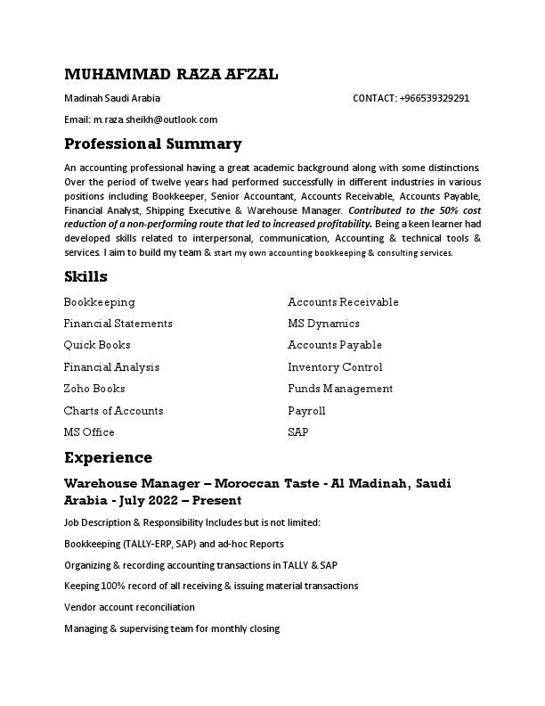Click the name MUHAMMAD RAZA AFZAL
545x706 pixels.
coord(171,74)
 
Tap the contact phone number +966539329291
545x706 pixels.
coord(435,98)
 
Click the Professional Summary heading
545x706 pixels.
coord(152,144)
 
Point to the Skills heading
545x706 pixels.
coord(85,276)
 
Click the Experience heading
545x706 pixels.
coord(108,457)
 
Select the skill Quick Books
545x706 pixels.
coord(97,345)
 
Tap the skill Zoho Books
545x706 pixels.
coord(94,389)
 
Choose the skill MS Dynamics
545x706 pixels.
coord(323,324)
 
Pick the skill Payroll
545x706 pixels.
coord(306,411)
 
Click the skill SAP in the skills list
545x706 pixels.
coord(297,432)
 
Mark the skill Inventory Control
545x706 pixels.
coord(335,367)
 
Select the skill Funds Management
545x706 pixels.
coord(340,389)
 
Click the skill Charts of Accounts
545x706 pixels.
coord(113,411)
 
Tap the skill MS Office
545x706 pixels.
coord(89,432)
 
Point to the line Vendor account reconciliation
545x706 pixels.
coord(129,607)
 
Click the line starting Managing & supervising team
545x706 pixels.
coord(172,628)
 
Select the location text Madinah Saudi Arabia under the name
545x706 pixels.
coord(112,98)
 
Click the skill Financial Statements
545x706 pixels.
coord(118,324)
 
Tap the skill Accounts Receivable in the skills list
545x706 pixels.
coord(343,302)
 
